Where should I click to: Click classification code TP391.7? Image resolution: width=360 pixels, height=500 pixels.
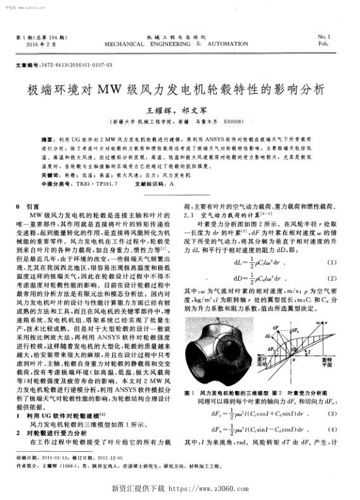point(106,183)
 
